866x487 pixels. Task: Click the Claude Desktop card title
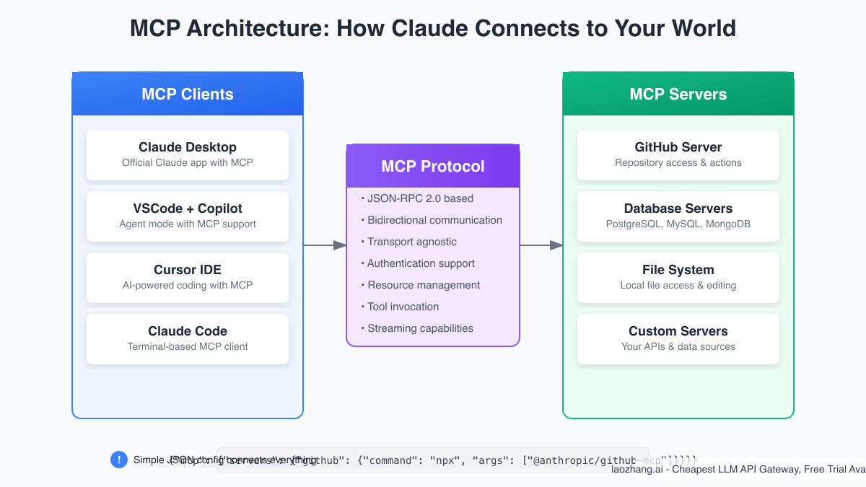click(x=188, y=147)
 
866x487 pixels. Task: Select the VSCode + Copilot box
click(x=188, y=216)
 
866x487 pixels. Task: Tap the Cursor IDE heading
click(x=188, y=270)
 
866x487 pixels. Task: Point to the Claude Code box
click(x=188, y=338)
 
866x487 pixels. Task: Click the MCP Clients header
click(x=188, y=94)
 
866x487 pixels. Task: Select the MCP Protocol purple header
click(x=433, y=166)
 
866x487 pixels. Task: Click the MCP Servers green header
click(x=678, y=94)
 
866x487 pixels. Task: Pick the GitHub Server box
click(x=678, y=154)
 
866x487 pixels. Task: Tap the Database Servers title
click(x=678, y=209)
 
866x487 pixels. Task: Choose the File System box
click(x=678, y=277)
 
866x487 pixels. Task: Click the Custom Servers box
click(x=678, y=338)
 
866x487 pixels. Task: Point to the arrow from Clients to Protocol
click(x=325, y=245)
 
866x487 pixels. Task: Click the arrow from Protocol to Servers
click(x=541, y=245)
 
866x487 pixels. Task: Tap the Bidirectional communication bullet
click(x=434, y=220)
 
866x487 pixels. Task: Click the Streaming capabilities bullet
click(x=420, y=328)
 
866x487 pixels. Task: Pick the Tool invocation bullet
click(x=403, y=307)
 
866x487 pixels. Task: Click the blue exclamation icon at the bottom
click(x=119, y=460)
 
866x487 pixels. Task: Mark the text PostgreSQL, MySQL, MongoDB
click(x=678, y=224)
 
